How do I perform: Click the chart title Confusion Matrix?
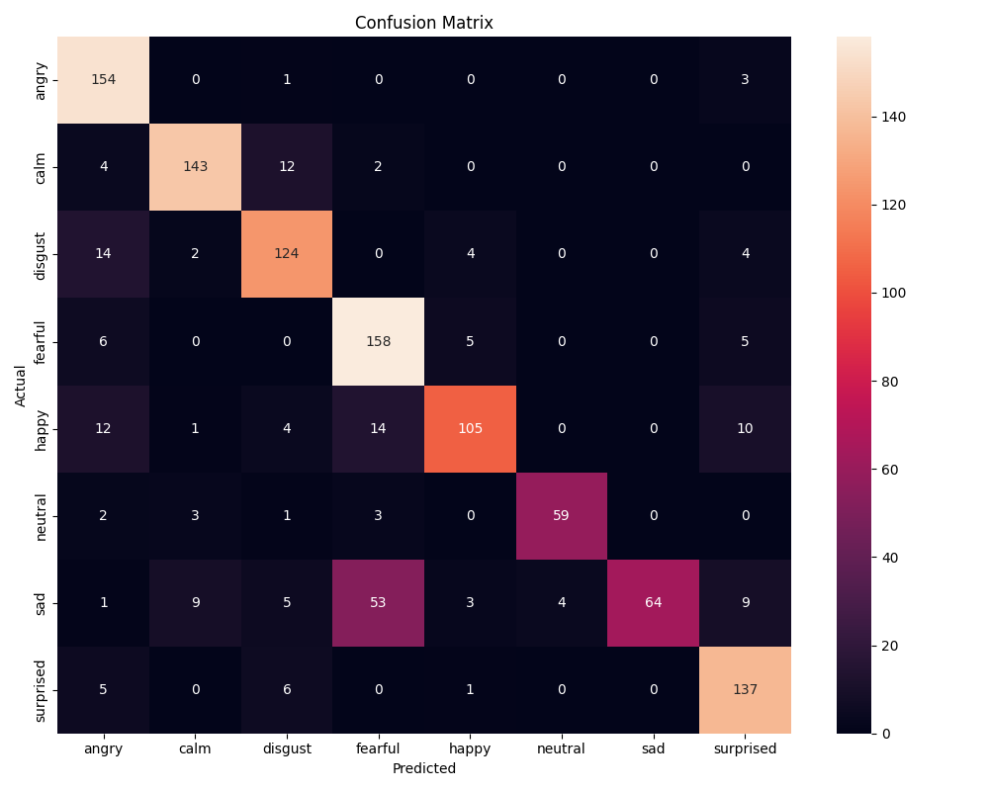click(423, 23)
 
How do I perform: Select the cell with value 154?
click(104, 80)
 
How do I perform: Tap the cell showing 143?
click(196, 167)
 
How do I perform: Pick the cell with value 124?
click(287, 254)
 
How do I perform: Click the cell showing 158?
click(379, 341)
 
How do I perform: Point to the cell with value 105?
click(471, 428)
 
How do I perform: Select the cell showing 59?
click(562, 515)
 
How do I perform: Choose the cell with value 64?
click(654, 602)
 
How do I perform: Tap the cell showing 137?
click(745, 689)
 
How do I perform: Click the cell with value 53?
click(379, 602)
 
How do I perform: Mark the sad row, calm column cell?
click(196, 602)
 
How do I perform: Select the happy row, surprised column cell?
click(745, 428)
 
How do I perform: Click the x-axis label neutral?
click(562, 749)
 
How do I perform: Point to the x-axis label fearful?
click(379, 749)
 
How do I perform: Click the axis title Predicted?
click(423, 768)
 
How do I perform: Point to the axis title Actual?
click(21, 385)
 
